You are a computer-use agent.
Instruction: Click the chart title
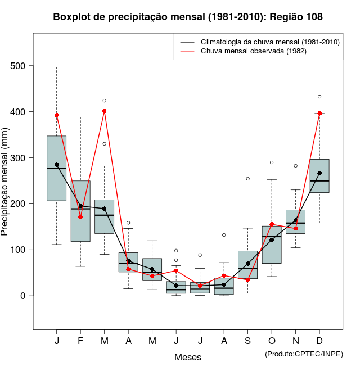[x=188, y=17]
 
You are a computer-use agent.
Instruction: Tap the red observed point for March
[x=105, y=111]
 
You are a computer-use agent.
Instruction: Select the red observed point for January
[x=57, y=115]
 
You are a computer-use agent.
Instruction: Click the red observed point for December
[x=319, y=114]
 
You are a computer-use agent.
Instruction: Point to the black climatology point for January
[x=57, y=165]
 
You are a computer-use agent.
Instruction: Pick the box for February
[x=80, y=211]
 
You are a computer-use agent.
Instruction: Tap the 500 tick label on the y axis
[x=19, y=66]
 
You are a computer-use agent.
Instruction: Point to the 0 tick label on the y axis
[x=24, y=296]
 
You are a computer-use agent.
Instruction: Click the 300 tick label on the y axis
[x=19, y=158]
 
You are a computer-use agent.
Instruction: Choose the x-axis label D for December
[x=319, y=341]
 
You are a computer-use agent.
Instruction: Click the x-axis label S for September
[x=247, y=341]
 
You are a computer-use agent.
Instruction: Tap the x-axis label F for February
[x=80, y=341]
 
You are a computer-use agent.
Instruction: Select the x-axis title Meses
[x=188, y=357]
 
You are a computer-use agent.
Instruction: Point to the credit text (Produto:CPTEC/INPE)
[x=304, y=354]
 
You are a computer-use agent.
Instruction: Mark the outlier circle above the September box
[x=247, y=179]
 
